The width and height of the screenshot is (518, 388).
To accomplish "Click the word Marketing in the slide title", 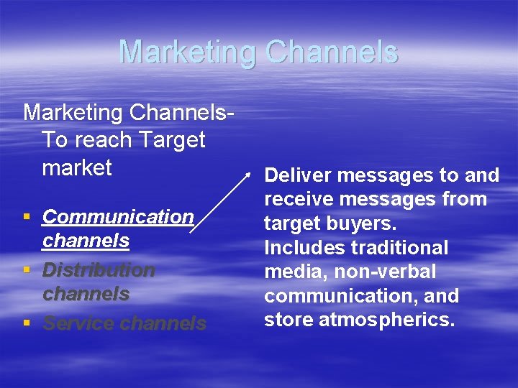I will pos(187,52).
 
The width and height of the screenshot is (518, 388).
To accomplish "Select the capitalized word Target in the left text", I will pos(172,139).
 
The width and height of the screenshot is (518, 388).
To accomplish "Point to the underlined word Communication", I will pos(118,216).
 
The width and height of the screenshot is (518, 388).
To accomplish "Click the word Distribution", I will pos(99,270).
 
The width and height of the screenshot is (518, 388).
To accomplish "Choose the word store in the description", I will pos(288,319).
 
